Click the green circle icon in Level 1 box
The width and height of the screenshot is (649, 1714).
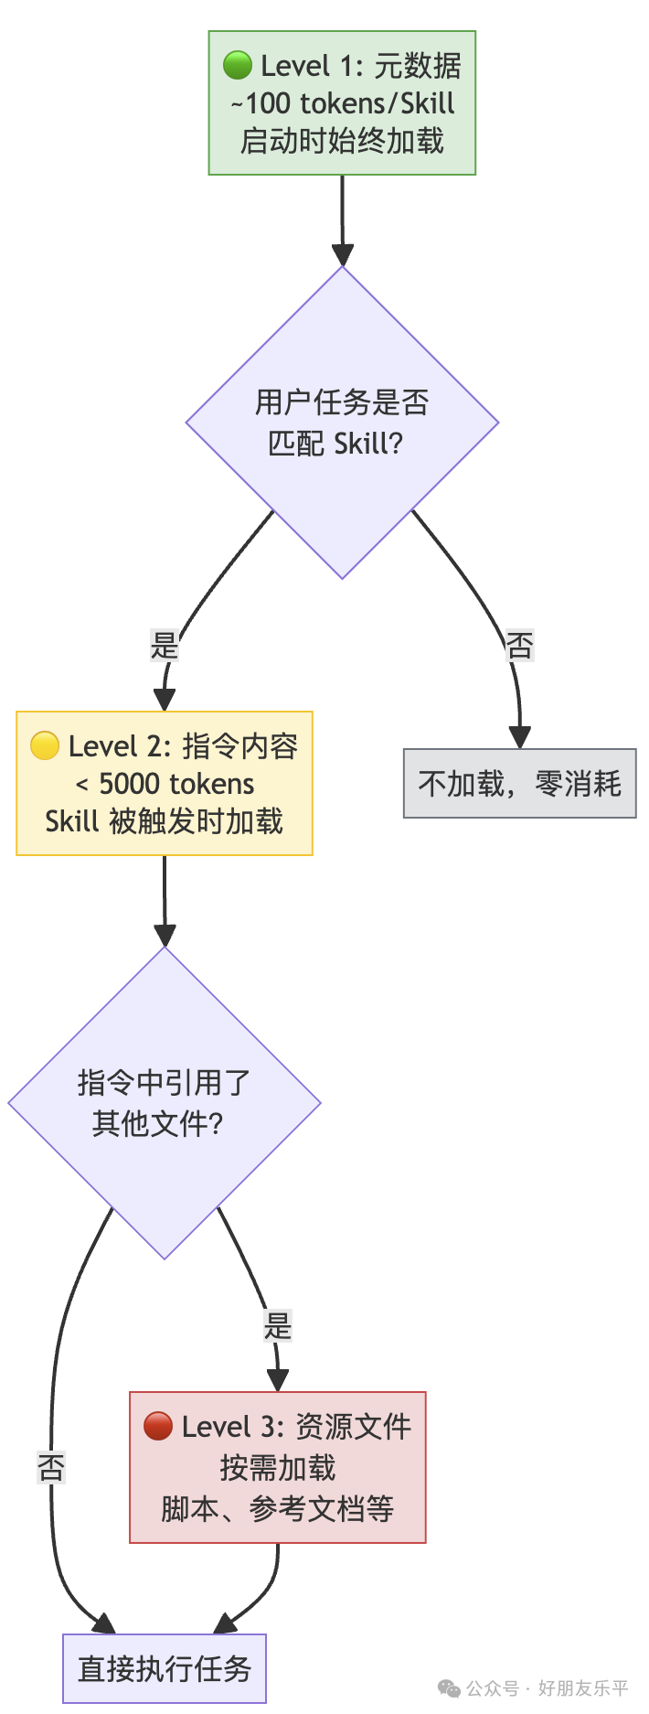pos(238,65)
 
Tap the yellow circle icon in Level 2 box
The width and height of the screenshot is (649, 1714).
pos(45,745)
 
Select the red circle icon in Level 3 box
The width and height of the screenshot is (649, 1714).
pos(158,1425)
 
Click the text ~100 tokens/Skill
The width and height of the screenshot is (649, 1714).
pos(343,103)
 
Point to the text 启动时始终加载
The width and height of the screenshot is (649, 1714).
pos(343,141)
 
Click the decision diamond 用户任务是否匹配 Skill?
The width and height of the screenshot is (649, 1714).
pos(342,423)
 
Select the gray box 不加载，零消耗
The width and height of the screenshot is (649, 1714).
pos(519,784)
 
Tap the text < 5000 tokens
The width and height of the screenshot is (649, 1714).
pos(165,784)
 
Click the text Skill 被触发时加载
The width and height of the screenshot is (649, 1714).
pos(165,821)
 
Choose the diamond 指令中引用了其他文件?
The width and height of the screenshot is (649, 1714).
pos(165,1103)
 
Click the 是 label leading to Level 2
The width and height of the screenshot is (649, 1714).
pos(165,646)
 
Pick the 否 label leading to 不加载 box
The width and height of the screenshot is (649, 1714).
pos(519,646)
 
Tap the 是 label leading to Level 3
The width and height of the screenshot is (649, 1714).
pos(277,1325)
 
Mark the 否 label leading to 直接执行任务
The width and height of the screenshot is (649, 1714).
pos(51,1467)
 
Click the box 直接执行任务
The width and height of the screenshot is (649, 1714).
pos(165,1668)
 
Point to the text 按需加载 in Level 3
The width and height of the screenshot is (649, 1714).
pos(278,1467)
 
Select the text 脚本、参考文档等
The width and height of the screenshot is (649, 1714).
pos(278,1508)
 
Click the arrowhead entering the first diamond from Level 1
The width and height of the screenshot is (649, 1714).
pos(343,255)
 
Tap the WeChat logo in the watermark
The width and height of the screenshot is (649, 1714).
pos(449,1688)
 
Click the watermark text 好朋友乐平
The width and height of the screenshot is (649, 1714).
pos(583,1688)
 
